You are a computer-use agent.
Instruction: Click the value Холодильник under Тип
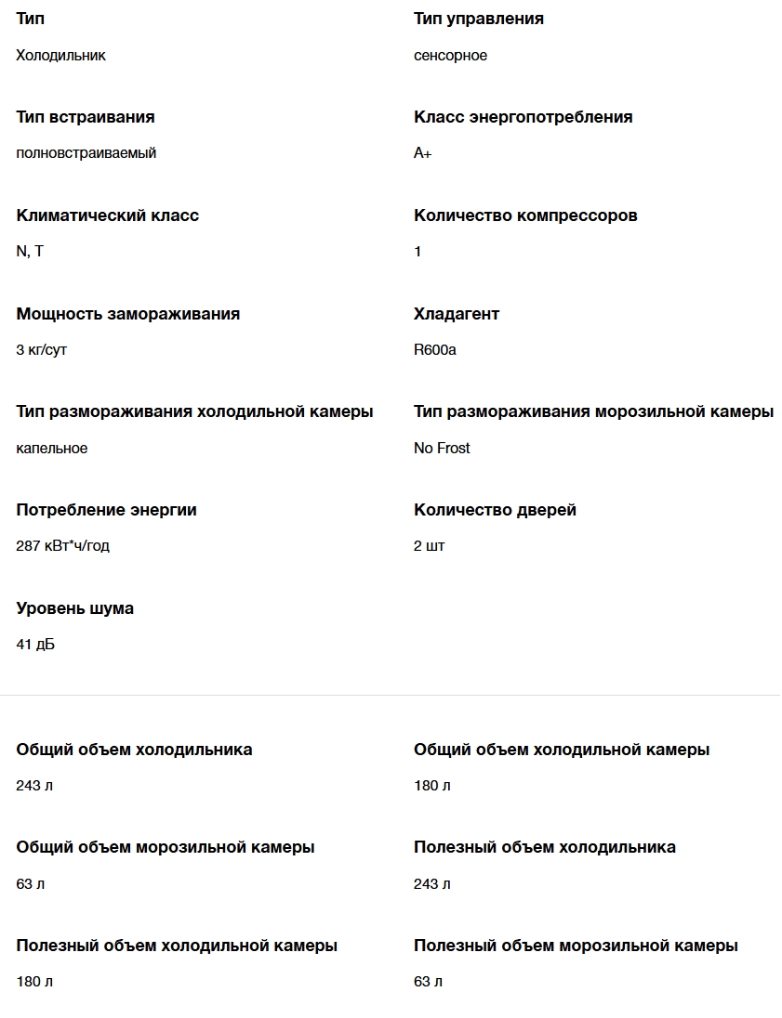point(60,56)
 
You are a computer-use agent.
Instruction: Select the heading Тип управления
point(478,19)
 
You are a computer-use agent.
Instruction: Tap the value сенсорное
point(450,56)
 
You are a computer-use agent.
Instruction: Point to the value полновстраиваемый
point(86,153)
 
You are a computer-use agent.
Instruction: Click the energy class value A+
point(422,153)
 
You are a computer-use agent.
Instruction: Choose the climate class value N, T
point(30,252)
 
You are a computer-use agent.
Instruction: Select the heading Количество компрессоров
point(525,215)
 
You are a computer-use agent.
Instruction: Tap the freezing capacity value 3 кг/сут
point(41,350)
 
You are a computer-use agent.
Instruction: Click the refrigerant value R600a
point(434,350)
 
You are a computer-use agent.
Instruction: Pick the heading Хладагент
point(457,314)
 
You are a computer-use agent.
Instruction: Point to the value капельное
point(51,449)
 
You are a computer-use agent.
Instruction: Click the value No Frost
point(442,449)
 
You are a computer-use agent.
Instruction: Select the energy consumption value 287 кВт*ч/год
point(62,546)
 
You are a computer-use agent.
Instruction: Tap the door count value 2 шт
point(429,546)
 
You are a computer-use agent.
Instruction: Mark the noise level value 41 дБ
point(35,645)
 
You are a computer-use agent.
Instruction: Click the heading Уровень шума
point(74,608)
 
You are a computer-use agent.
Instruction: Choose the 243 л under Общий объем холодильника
point(34,786)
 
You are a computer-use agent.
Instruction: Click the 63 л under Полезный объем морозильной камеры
point(428,982)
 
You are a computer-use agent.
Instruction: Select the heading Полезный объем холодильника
point(544,847)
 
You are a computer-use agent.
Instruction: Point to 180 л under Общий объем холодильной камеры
point(431,786)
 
